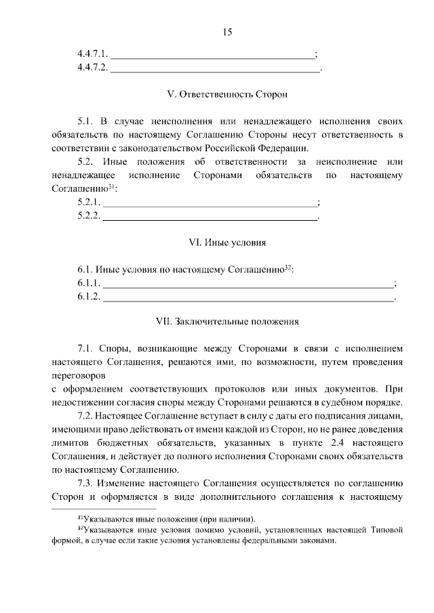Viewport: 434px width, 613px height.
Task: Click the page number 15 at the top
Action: click(x=226, y=32)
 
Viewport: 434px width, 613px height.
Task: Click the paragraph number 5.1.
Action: click(x=85, y=122)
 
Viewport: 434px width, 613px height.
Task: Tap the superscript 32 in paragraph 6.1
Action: click(x=288, y=268)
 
